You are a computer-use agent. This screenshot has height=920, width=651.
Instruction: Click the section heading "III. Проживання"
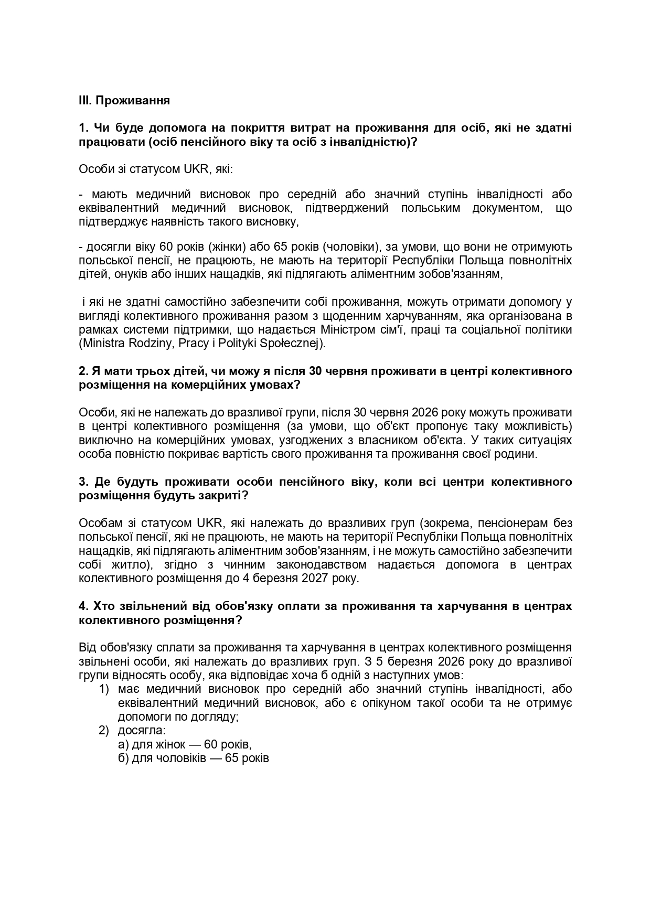124,100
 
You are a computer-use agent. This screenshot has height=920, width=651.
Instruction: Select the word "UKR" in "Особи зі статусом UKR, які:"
196,169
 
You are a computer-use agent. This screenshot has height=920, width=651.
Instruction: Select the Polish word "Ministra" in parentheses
102,344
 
